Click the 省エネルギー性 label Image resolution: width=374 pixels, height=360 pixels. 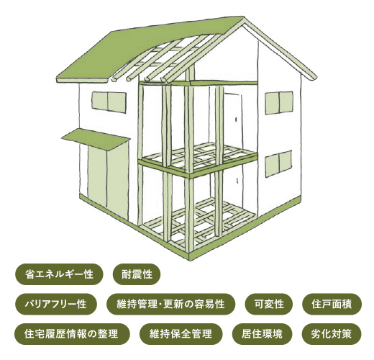point(59,274)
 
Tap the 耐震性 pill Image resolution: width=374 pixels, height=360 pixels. point(137,274)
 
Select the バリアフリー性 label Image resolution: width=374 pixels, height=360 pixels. point(56,304)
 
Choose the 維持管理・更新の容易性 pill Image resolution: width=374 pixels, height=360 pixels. point(170,304)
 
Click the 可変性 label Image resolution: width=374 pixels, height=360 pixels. point(269,304)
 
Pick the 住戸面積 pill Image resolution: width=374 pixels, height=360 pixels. point(332,304)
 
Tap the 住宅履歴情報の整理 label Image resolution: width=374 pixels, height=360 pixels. point(72,334)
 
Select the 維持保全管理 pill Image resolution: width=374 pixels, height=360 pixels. point(181,334)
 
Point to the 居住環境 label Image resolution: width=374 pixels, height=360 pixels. point(262,334)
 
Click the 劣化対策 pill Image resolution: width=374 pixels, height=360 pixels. point(332,334)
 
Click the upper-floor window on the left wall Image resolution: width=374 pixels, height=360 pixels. point(109,102)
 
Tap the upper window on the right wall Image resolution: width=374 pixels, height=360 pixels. point(279,103)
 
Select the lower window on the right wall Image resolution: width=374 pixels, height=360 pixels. point(278,163)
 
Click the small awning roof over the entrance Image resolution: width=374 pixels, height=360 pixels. point(96,139)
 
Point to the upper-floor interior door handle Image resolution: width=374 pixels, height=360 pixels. point(236,119)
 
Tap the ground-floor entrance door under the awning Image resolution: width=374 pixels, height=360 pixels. point(108,178)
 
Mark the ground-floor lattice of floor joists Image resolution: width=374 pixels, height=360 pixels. point(199,225)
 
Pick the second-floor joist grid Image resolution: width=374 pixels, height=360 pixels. point(200,156)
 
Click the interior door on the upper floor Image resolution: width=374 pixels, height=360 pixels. point(233,121)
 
